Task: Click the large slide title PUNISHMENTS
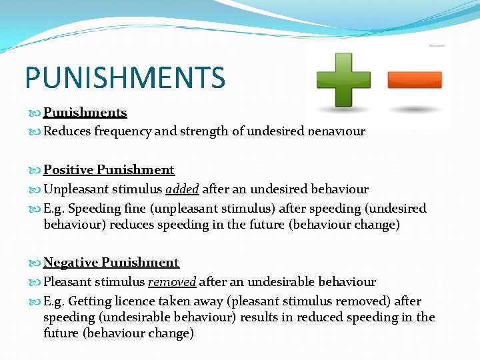tap(125, 78)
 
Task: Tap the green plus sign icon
tap(343, 80)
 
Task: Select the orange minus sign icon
tap(415, 80)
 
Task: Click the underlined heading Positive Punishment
tap(109, 170)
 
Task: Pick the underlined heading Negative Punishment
tap(111, 263)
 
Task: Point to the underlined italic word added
tap(183, 189)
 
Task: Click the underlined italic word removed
tap(172, 282)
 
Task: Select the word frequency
tap(123, 131)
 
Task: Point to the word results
tap(259, 317)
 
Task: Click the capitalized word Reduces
tap(67, 131)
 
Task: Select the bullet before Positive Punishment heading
tap(36, 171)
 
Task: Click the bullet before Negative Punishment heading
tap(36, 263)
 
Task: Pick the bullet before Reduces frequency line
tap(36, 132)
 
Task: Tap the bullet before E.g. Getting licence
tap(36, 302)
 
